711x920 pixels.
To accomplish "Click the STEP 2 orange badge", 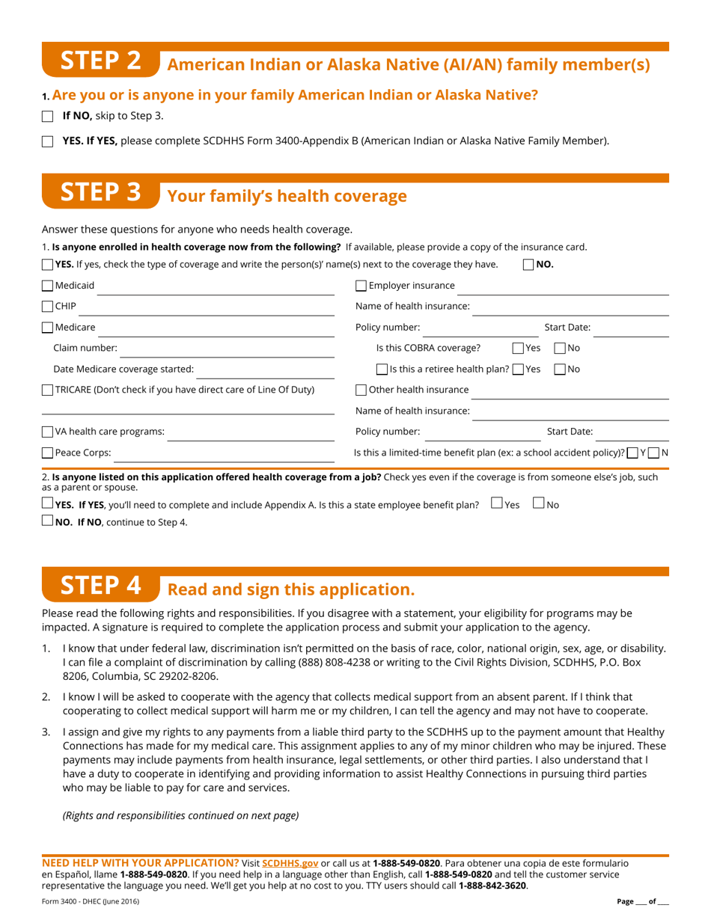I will [x=100, y=61].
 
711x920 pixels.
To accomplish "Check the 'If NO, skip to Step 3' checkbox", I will [x=48, y=116].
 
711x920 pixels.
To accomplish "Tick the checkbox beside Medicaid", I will [x=48, y=285].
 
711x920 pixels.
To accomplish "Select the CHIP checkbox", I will [x=48, y=306].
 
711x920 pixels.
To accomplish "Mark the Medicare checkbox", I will [x=48, y=327].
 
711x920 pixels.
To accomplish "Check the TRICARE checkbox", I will [x=48, y=390].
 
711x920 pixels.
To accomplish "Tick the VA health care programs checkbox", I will [x=48, y=432].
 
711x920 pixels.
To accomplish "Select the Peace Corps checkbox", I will [x=48, y=453].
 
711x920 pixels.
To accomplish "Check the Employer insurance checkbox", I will [x=361, y=285].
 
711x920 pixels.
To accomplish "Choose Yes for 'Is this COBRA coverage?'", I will [x=518, y=348].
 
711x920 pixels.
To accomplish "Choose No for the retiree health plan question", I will [x=560, y=369].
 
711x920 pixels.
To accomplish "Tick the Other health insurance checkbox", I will [x=361, y=390].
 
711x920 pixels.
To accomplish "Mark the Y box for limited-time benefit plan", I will [x=633, y=453].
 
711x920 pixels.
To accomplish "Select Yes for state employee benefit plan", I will [x=497, y=504].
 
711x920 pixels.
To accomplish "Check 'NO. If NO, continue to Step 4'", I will [x=48, y=521].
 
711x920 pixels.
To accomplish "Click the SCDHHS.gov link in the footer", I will [x=290, y=863].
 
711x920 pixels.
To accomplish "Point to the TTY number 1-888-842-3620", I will [x=492, y=886].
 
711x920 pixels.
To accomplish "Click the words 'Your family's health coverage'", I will [x=287, y=196].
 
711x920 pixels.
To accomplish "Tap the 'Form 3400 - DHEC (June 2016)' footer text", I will [x=91, y=901].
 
